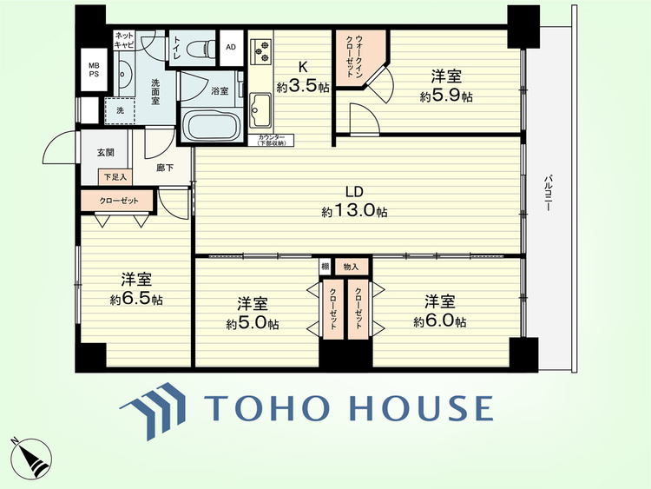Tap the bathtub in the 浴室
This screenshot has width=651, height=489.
(x=211, y=125)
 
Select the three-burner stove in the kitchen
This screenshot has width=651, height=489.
(x=260, y=51)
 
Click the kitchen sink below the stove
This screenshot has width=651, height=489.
(x=260, y=110)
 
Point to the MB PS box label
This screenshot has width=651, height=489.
(x=94, y=69)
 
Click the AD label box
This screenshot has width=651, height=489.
(x=231, y=48)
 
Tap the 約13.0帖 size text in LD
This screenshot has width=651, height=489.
(x=354, y=211)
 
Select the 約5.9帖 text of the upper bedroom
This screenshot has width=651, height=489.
(x=446, y=96)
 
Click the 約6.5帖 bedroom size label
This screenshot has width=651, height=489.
(x=136, y=299)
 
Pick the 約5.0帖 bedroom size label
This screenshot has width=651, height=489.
(x=253, y=323)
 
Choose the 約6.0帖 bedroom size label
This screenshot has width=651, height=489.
(x=440, y=321)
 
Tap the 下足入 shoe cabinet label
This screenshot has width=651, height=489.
(x=115, y=177)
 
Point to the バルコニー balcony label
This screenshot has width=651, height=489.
(x=548, y=193)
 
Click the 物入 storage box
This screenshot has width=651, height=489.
(x=352, y=268)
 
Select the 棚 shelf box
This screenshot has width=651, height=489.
(x=325, y=267)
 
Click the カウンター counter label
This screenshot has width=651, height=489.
(x=271, y=140)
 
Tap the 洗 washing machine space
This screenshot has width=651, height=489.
(x=120, y=110)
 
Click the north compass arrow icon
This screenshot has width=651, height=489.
(x=31, y=459)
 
